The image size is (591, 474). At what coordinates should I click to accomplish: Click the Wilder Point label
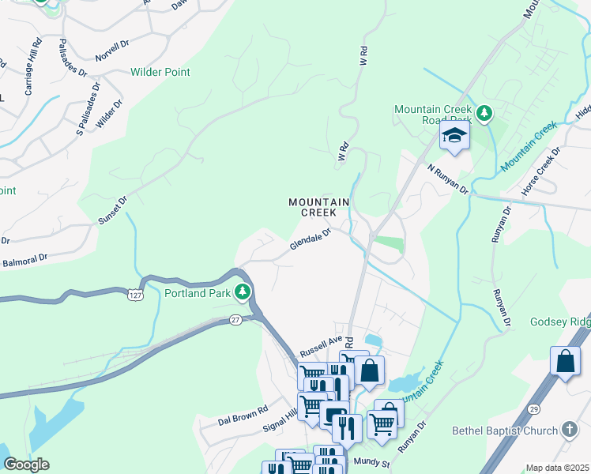pos(160,72)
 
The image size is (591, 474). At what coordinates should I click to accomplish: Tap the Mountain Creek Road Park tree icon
pos(487,114)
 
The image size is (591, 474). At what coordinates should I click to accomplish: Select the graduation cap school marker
pos(455,135)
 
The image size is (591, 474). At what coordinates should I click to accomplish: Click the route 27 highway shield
pos(235,319)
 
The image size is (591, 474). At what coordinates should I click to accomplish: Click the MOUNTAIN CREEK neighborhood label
pos(318,207)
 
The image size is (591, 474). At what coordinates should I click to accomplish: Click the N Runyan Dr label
pos(448,179)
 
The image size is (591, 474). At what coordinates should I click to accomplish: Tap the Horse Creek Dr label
pos(540,171)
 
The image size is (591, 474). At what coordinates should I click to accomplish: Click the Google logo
pos(26,464)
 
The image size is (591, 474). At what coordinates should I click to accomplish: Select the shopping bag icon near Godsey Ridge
pos(566,362)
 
